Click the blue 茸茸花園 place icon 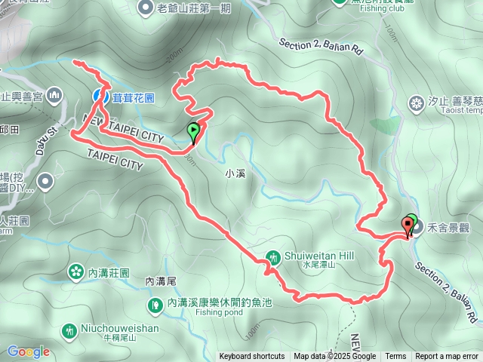pyautogui.click(x=100, y=96)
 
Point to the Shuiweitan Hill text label pyautogui.click(x=318, y=256)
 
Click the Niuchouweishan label pyautogui.click(x=121, y=329)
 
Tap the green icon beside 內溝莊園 pyautogui.click(x=75, y=271)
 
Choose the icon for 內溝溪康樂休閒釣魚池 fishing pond pyautogui.click(x=155, y=304)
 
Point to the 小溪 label pyautogui.click(x=235, y=172)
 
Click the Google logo pyautogui.click(x=29, y=351)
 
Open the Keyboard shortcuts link pyautogui.click(x=252, y=357)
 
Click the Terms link pyautogui.click(x=395, y=357)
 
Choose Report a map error pyautogui.click(x=447, y=357)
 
